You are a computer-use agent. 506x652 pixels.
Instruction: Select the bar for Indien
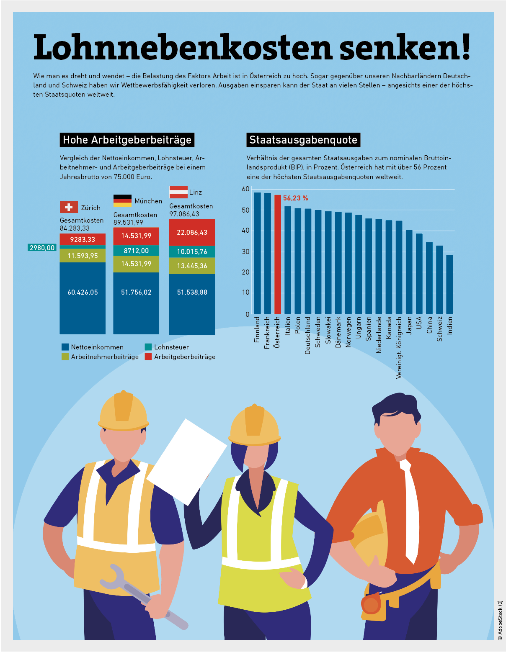point(449,284)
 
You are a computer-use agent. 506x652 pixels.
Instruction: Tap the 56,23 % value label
point(295,198)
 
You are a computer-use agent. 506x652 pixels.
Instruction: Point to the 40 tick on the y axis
point(245,231)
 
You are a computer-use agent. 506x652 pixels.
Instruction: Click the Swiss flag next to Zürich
point(69,207)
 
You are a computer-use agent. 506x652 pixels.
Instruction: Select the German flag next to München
point(122,200)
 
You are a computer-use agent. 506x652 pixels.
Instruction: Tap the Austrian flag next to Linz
point(178,192)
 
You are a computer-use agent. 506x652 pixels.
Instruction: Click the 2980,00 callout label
point(42,248)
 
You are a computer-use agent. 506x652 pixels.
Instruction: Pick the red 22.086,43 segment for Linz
point(192,232)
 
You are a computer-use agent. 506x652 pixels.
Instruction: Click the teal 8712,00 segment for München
point(136,251)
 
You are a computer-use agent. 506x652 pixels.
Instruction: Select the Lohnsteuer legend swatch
point(148,347)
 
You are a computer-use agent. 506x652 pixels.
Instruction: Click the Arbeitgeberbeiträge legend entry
point(180,357)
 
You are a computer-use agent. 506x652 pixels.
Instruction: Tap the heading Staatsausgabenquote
point(303,140)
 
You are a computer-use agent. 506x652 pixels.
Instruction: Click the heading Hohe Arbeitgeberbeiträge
point(127,140)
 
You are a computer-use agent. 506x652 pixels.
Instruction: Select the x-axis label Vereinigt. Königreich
point(399,347)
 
